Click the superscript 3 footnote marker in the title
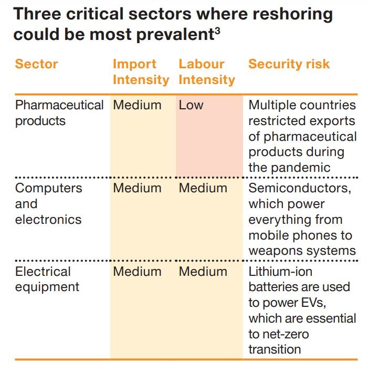tap(216, 30)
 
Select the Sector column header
tap(36, 64)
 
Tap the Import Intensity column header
tap(141, 72)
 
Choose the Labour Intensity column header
tap(206, 72)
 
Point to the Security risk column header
tap(289, 64)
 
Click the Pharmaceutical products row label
tap(59, 112)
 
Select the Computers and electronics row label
tap(48, 204)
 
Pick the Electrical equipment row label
tap(47, 279)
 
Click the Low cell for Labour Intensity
tap(191, 105)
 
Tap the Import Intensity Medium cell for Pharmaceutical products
tap(137, 105)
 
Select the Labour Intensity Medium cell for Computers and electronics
tap(203, 188)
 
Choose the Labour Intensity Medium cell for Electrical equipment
tap(203, 272)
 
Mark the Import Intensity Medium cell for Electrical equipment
tap(137, 272)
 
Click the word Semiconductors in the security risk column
tap(299, 188)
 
